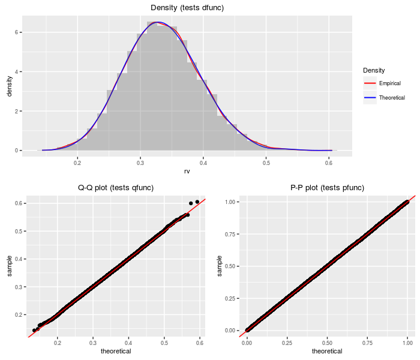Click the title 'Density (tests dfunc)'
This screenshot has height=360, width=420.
click(187, 7)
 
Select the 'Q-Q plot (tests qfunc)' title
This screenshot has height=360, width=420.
click(116, 188)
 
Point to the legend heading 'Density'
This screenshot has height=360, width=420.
click(374, 70)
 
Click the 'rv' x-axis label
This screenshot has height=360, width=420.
click(187, 172)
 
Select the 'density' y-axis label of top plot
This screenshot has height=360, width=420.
click(9, 85)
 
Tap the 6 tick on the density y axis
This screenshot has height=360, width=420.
click(17, 32)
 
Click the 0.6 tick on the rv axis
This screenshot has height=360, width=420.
click(329, 163)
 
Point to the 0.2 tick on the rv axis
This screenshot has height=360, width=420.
click(77, 163)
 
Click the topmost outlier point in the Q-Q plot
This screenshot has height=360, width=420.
click(197, 202)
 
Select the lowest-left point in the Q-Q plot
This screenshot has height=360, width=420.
click(34, 330)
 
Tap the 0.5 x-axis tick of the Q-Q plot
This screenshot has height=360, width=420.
click(164, 344)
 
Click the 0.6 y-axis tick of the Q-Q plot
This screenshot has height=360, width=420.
click(20, 203)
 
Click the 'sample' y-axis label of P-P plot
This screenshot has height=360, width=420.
click(220, 266)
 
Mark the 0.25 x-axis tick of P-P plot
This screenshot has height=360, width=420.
click(287, 344)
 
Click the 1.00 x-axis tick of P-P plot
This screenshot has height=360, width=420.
click(407, 344)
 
